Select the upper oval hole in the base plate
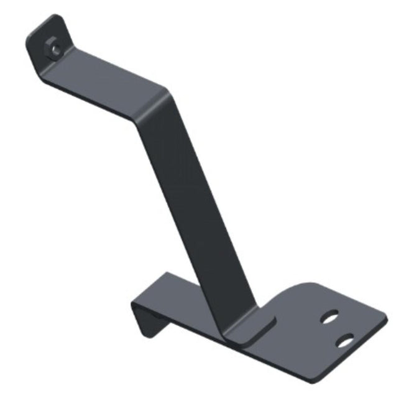pos(330,317)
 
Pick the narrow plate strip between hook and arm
pos(180,295)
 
